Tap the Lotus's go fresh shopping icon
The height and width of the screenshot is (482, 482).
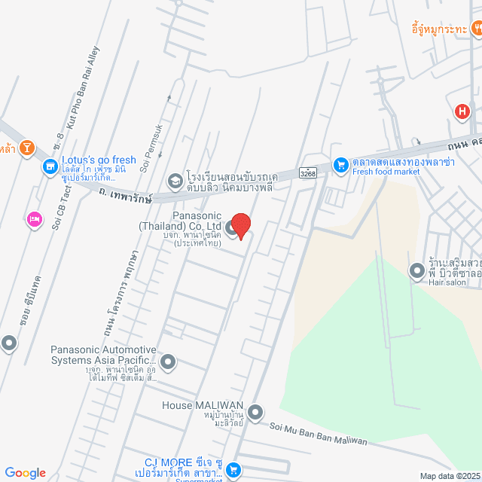tap(50, 166)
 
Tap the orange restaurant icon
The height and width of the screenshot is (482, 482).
tap(476, 29)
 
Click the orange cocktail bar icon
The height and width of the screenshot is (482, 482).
tap(27, 148)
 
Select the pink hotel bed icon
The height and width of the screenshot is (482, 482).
tap(34, 220)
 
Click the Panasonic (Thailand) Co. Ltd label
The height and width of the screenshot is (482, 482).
tap(179, 221)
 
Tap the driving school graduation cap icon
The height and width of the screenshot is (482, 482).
tap(175, 180)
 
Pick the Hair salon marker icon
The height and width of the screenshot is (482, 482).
tap(416, 270)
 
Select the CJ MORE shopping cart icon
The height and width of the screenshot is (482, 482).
tap(233, 468)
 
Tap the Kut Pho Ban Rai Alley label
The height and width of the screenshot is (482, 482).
tap(83, 84)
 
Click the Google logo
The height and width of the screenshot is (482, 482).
tap(25, 472)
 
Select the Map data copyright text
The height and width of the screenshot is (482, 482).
tap(450, 476)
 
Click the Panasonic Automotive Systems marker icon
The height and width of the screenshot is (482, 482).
tap(168, 363)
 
